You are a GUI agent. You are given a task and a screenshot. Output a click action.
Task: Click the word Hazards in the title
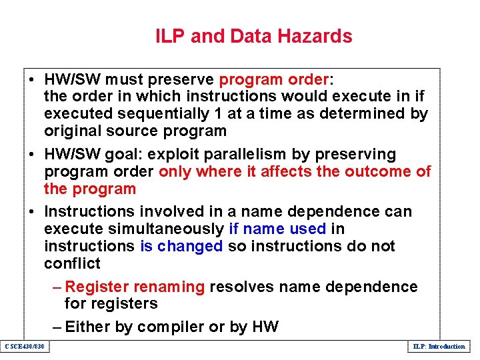[318, 36]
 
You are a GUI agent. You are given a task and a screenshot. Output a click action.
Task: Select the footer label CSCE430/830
[24, 347]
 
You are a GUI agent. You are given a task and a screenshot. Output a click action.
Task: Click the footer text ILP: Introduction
[439, 347]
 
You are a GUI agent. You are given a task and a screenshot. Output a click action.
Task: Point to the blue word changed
[191, 246]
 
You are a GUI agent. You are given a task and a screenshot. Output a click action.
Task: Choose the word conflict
[72, 263]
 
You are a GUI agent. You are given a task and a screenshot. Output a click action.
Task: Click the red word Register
[97, 287]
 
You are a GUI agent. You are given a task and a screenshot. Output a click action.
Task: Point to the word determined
[367, 114]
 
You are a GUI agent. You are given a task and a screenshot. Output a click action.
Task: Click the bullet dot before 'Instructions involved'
[32, 212]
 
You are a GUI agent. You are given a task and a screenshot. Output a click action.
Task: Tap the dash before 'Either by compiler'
[57, 327]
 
